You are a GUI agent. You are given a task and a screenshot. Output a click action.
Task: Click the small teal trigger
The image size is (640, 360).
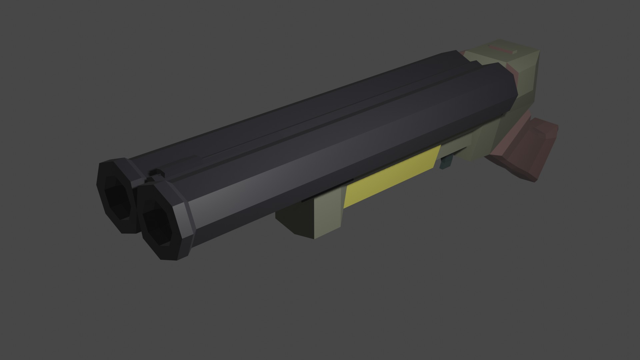click(x=446, y=163)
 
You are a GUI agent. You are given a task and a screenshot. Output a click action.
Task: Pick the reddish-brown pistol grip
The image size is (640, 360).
click(x=520, y=153)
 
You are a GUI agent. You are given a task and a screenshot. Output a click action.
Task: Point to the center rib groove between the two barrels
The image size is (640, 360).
click(x=333, y=110)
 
